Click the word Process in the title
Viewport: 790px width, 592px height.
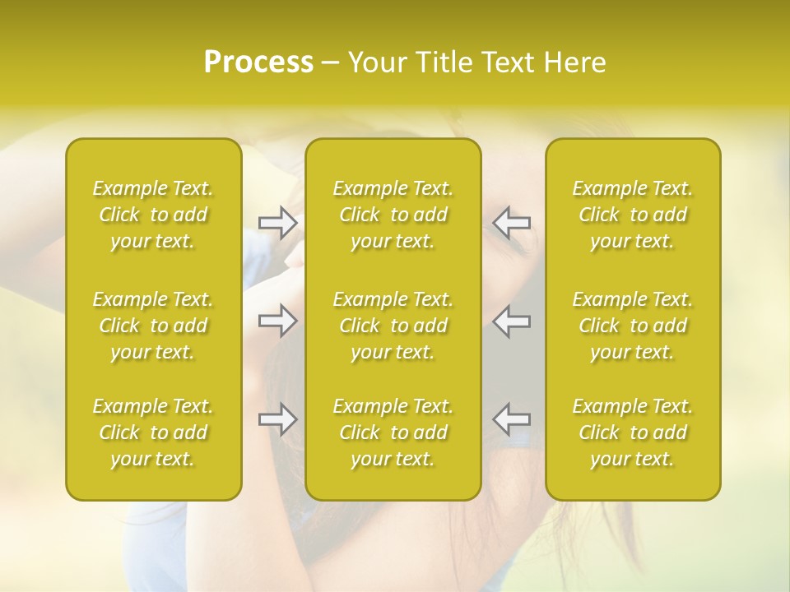tap(258, 62)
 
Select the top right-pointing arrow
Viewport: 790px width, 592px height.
tap(278, 223)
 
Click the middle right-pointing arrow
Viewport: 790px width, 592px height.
tap(278, 321)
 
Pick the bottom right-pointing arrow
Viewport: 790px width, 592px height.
tap(278, 419)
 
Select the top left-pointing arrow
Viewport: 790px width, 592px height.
tap(512, 223)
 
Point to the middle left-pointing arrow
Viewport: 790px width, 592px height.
tap(512, 321)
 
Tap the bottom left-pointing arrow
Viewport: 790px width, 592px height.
tap(512, 419)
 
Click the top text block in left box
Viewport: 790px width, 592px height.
tap(153, 215)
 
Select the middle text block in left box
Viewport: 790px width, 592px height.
tap(153, 326)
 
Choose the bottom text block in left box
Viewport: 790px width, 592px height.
tap(153, 432)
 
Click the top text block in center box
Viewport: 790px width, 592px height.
tap(393, 215)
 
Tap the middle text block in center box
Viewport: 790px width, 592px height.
tap(393, 326)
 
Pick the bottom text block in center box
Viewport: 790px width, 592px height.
tap(393, 432)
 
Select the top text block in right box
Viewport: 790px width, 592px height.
tap(633, 215)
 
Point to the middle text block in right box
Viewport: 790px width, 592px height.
tap(633, 326)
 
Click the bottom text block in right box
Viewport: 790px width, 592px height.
tap(633, 432)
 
